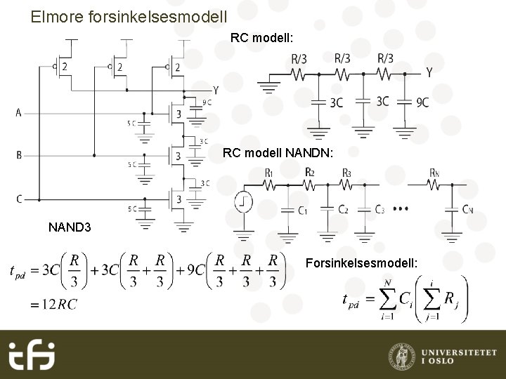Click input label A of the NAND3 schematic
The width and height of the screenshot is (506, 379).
18,112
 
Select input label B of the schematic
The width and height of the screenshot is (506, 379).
19,155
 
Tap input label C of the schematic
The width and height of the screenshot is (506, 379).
19,199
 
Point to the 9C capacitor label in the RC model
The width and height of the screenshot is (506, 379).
422,102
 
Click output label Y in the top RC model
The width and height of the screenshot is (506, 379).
429,72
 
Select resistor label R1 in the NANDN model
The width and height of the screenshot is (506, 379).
269,173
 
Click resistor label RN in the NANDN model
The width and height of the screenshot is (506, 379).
436,173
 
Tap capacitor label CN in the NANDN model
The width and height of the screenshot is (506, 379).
467,210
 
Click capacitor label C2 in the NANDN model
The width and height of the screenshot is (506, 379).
342,210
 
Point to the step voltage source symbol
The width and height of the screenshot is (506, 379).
244,202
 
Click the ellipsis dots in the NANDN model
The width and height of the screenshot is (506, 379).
401,209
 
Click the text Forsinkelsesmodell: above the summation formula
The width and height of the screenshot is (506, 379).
362,263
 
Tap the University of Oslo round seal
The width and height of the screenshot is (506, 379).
401,355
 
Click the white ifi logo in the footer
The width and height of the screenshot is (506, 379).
32,355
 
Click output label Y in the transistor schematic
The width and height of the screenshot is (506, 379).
216,91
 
